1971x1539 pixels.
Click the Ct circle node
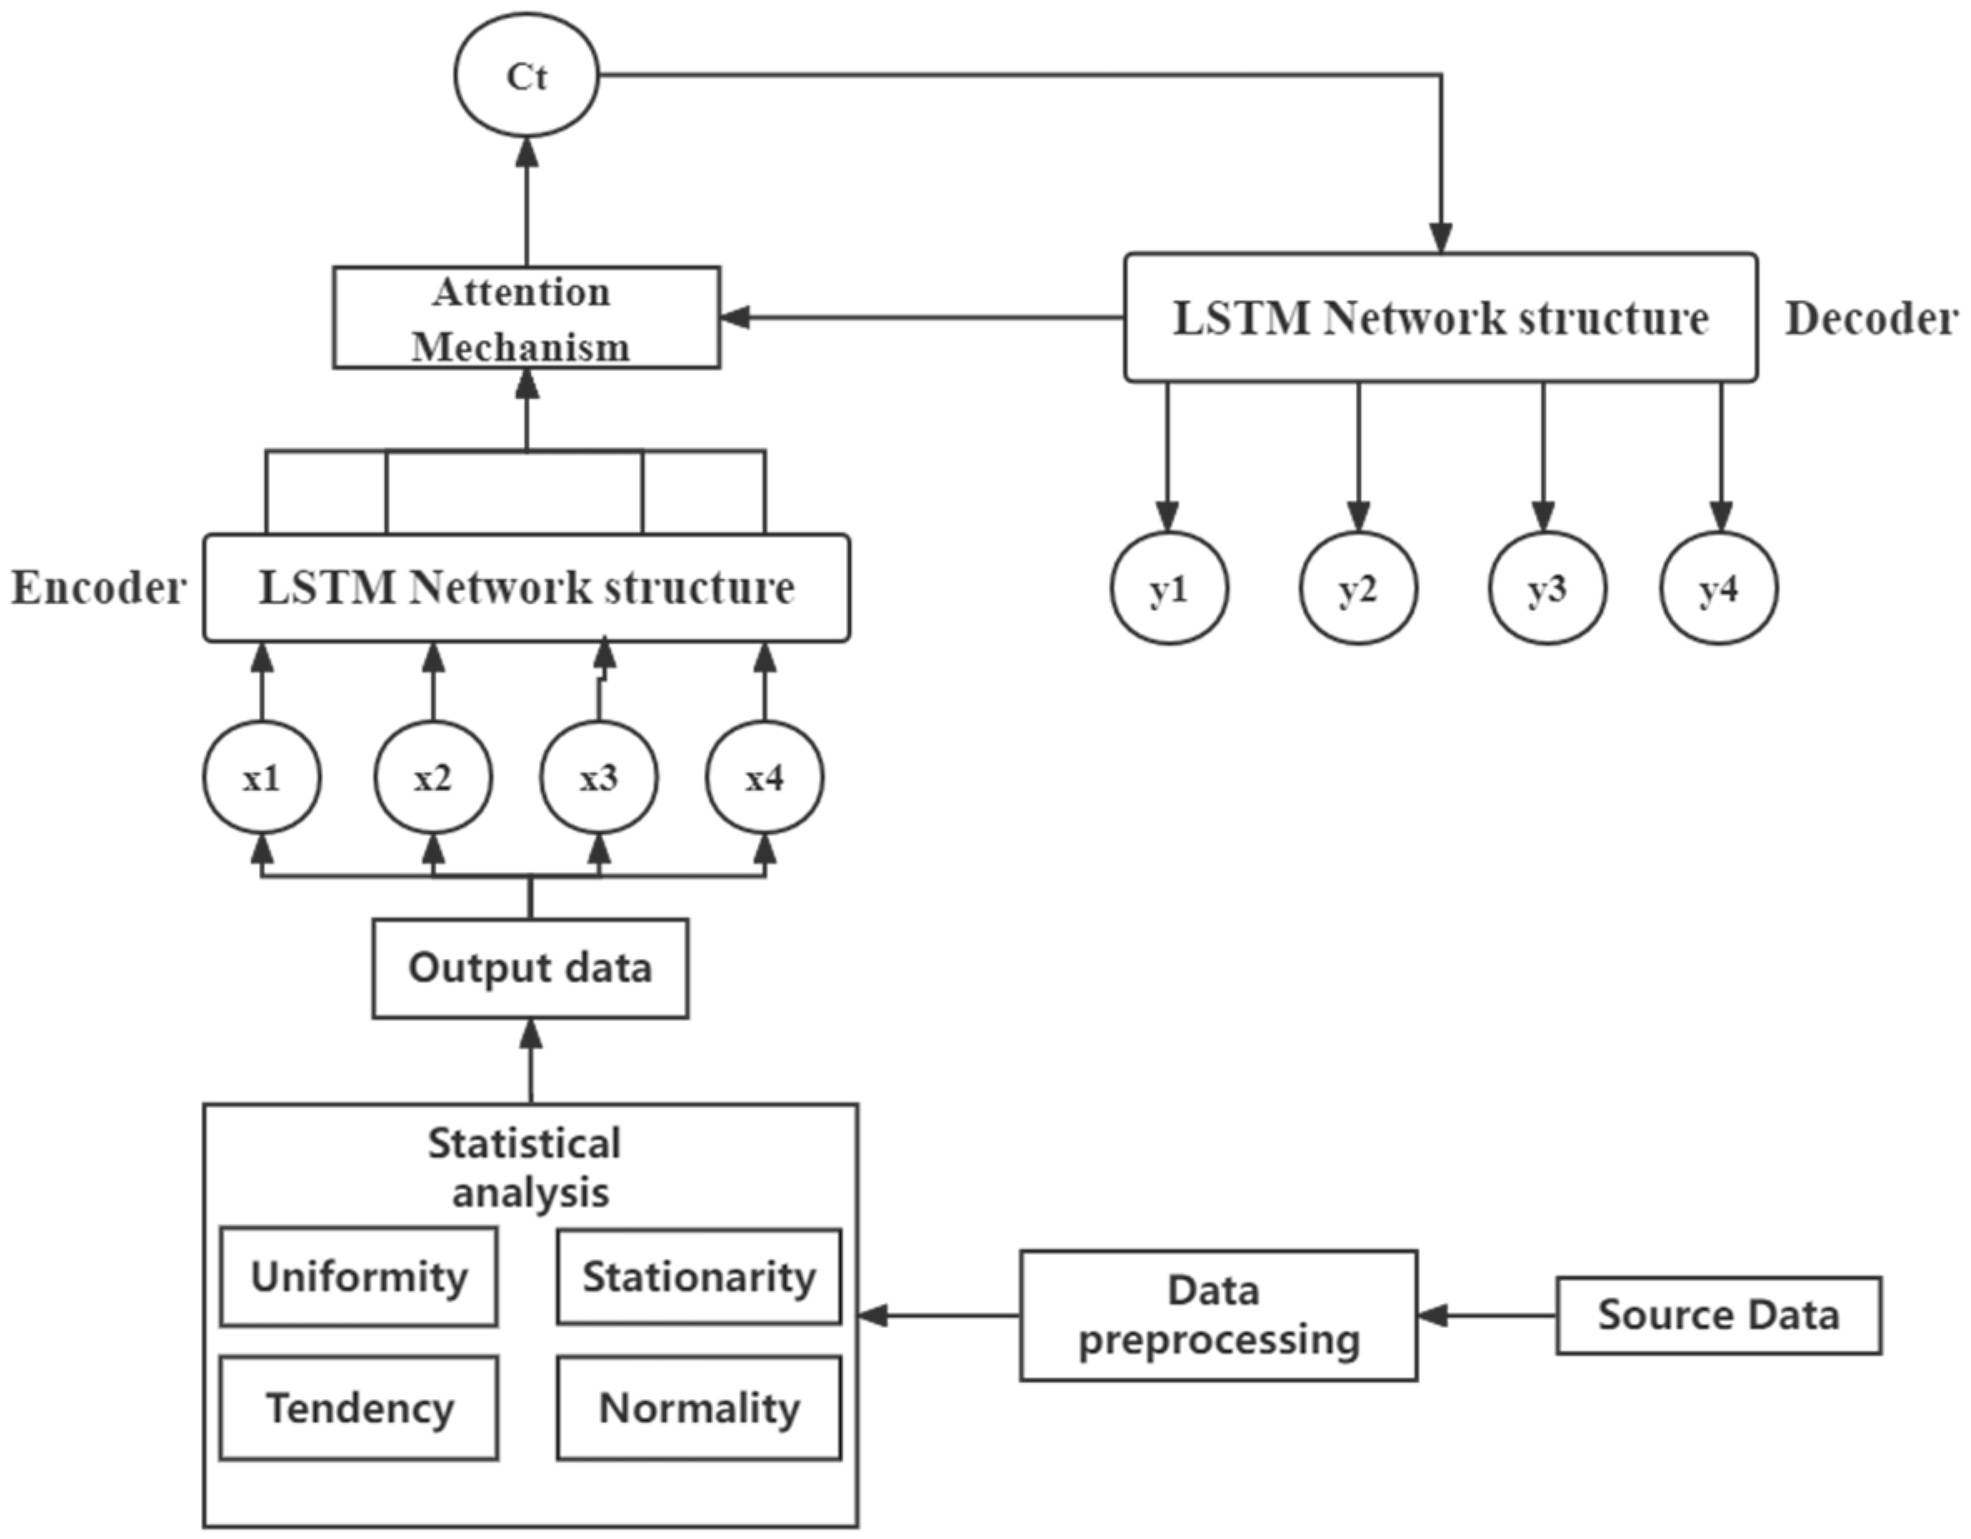tap(526, 76)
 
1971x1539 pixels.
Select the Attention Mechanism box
tap(526, 318)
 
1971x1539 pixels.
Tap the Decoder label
tap(1871, 318)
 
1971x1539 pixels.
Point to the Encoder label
tap(98, 589)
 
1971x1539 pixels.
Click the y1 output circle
tap(1168, 589)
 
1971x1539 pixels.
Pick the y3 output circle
tap(1547, 589)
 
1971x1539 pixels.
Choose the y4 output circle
tap(1718, 589)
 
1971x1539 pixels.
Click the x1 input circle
tap(262, 777)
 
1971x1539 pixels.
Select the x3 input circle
tap(598, 777)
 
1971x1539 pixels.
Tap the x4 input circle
tap(764, 777)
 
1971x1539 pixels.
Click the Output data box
tap(531, 969)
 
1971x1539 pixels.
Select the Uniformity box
tap(358, 1276)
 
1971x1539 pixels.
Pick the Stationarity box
tap(698, 1276)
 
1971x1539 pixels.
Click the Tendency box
tap(358, 1407)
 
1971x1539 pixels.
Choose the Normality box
tap(698, 1407)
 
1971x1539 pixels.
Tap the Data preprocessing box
tap(1218, 1315)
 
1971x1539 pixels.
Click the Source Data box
tap(1718, 1315)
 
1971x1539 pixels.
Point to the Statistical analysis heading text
tap(526, 1168)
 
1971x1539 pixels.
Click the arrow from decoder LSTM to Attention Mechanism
tap(921, 318)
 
